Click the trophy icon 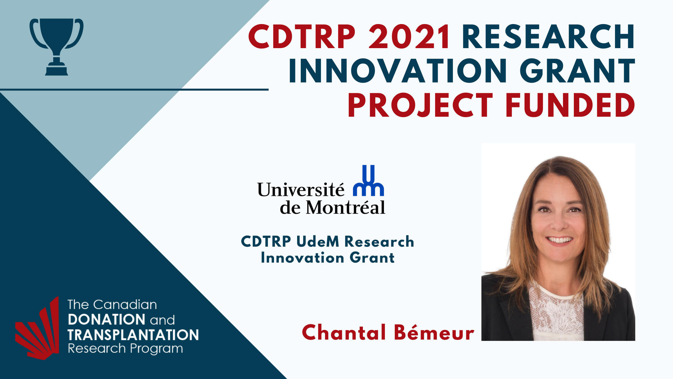click(56, 47)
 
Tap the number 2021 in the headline click(409, 37)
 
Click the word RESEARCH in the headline click(549, 37)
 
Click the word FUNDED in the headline click(571, 105)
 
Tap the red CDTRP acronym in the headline click(302, 37)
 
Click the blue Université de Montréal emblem click(368, 180)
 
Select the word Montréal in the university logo click(346, 208)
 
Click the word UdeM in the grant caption click(318, 242)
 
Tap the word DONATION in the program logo click(107, 319)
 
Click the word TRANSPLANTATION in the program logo click(133, 335)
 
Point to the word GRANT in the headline click(577, 71)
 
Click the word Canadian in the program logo click(125, 305)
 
